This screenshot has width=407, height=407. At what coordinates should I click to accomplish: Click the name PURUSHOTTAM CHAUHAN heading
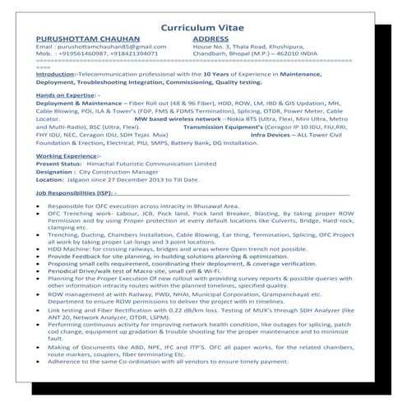(x=84, y=39)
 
